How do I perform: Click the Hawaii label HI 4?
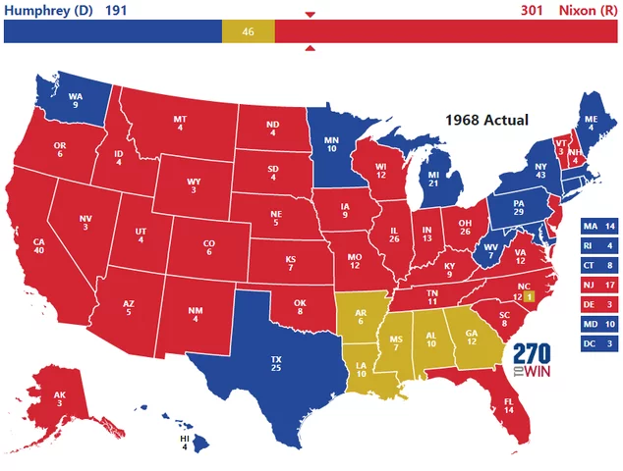pyautogui.click(x=183, y=445)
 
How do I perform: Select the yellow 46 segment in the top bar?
pyautogui.click(x=248, y=31)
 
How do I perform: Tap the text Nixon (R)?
pyautogui.click(x=588, y=11)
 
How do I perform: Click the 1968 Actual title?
pyautogui.click(x=486, y=120)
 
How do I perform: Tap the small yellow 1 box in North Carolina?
pyautogui.click(x=529, y=295)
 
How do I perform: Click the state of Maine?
pyautogui.click(x=590, y=123)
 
